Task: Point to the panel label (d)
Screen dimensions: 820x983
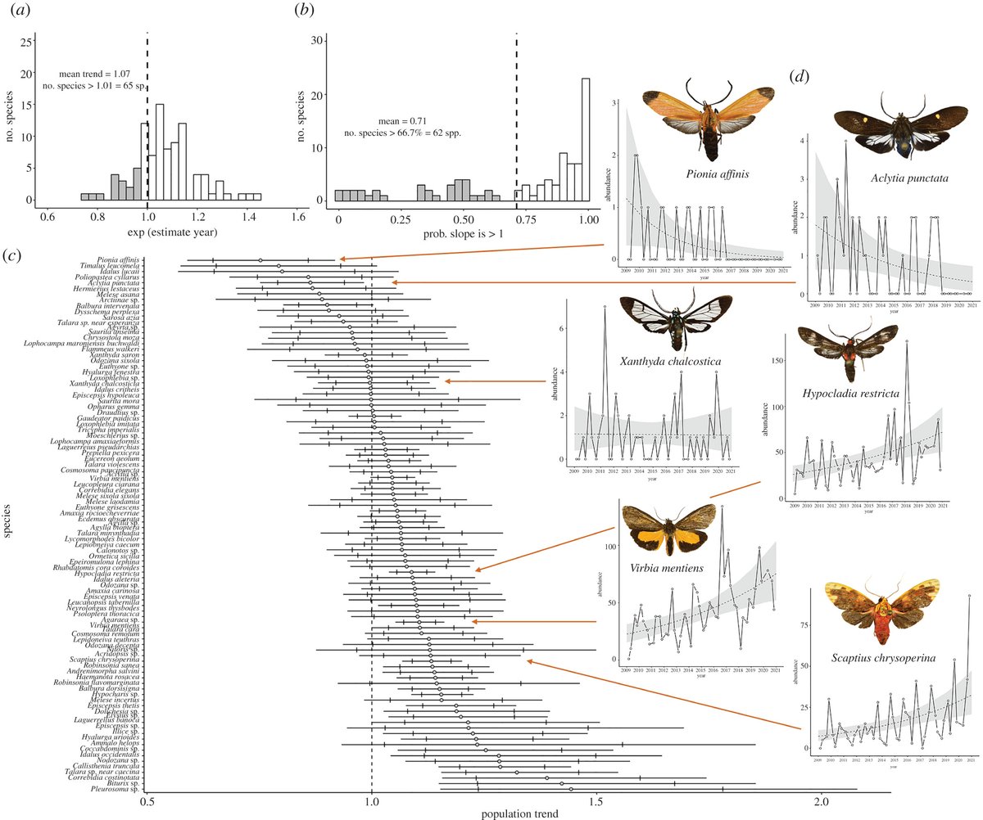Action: (x=799, y=78)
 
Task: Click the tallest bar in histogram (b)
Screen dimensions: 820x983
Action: (x=586, y=139)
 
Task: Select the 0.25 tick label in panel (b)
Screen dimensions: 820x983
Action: (x=400, y=220)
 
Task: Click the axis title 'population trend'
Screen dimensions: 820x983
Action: (x=519, y=813)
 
